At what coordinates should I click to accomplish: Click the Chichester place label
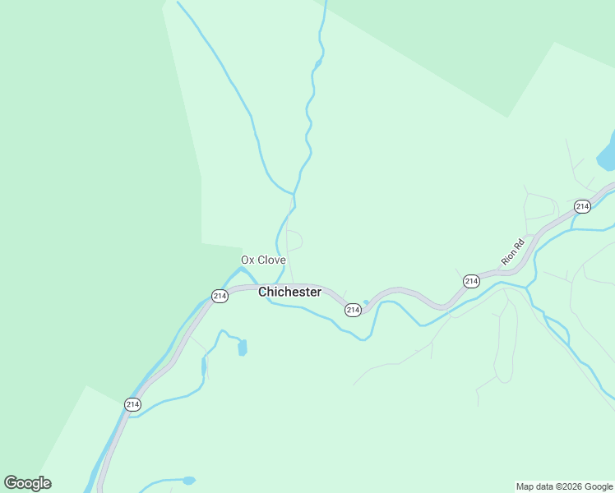point(289,293)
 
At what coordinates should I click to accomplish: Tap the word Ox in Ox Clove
point(247,260)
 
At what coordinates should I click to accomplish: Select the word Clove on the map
point(272,260)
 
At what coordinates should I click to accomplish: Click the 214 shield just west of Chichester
point(220,296)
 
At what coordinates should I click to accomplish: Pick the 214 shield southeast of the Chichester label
point(353,310)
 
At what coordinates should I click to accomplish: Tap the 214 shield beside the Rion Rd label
point(471,282)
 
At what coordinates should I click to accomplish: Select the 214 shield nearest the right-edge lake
point(582,206)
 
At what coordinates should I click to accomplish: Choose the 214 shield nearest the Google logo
point(132,404)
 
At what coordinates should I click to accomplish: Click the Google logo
point(27,483)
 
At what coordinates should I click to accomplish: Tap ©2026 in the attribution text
point(571,486)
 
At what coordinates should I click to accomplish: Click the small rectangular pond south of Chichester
point(242,348)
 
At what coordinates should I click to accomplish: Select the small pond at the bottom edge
point(189,480)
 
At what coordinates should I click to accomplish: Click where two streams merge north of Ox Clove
point(294,194)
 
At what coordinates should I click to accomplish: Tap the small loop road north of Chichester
point(295,241)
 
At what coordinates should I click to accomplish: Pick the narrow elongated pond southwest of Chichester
point(204,366)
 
